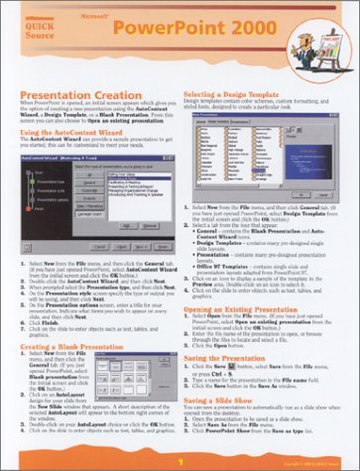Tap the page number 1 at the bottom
pos(180,462)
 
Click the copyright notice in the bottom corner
pos(326,463)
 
